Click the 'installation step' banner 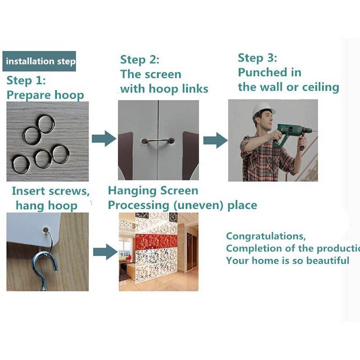39,61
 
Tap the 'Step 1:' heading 26,81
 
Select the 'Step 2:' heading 139,60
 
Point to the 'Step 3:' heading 257,58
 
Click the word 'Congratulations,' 266,237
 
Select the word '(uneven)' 198,206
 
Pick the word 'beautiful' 328,261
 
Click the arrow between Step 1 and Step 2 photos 104,139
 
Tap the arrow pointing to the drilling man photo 216,140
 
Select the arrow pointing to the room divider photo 105,252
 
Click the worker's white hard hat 263,110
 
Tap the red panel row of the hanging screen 157,241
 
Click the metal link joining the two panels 158,141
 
